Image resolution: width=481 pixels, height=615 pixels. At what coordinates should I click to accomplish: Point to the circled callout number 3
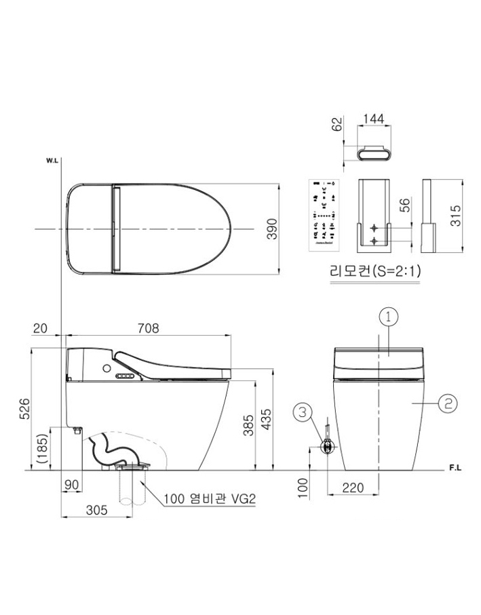point(303,412)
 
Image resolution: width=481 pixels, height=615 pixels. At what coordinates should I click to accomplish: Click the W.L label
point(53,160)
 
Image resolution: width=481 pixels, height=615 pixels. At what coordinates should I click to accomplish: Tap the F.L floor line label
point(455,469)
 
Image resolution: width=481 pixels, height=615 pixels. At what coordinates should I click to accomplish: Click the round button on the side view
point(106,368)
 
